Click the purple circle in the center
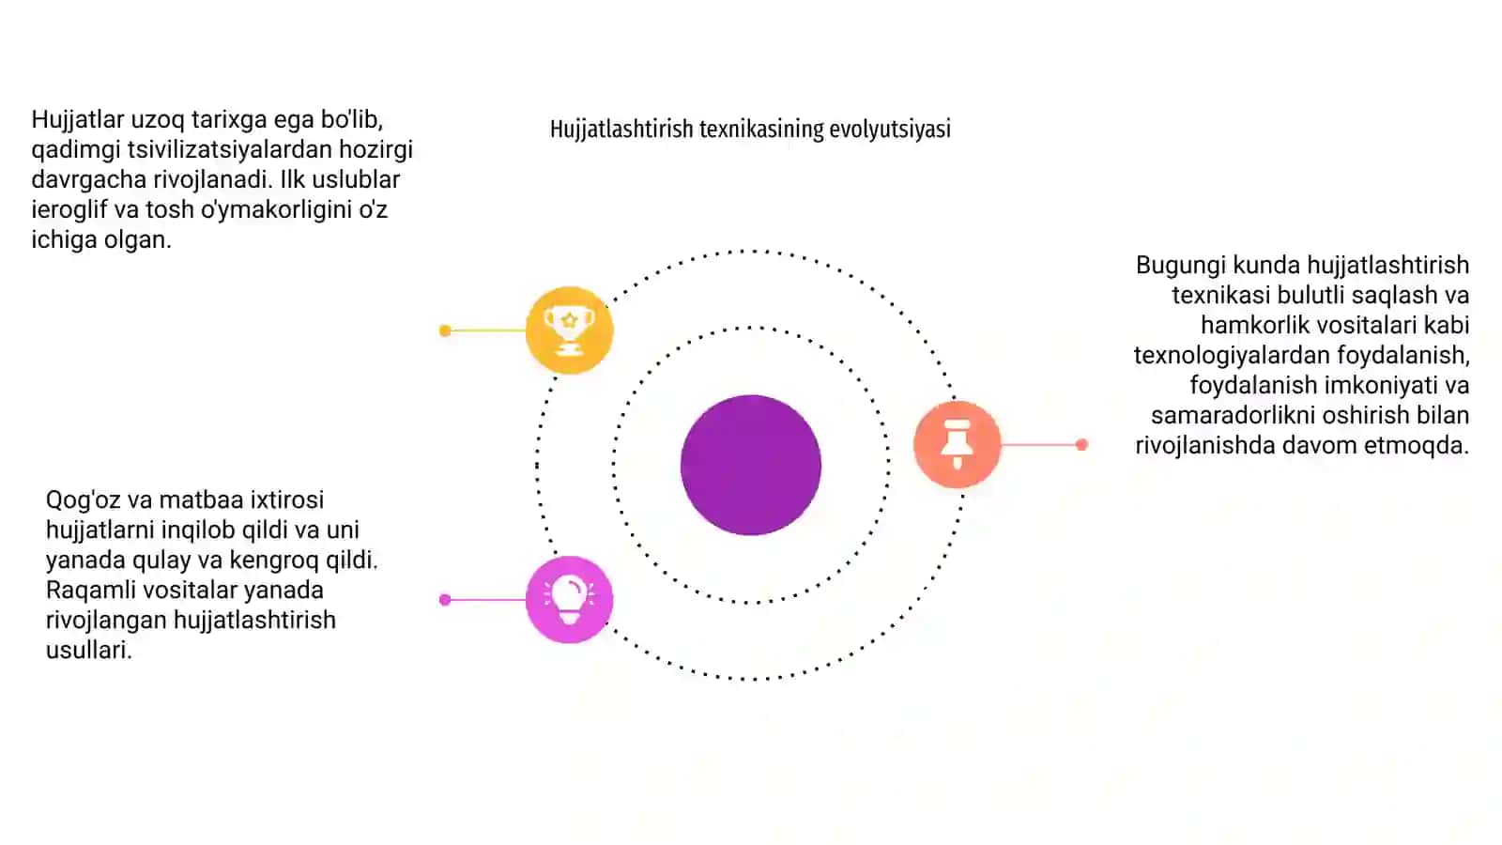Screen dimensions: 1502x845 point(750,465)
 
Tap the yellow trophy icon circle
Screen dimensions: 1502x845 point(569,330)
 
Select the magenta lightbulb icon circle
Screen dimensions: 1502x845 point(569,600)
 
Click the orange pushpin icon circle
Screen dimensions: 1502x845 point(957,444)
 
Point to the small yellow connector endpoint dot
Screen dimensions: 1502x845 point(445,330)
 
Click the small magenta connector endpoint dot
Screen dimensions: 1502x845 point(445,600)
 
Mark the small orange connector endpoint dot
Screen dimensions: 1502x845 point(1081,444)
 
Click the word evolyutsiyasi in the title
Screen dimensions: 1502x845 point(890,129)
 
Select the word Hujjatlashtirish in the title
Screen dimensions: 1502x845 point(621,129)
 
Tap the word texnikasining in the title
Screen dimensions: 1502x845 point(761,129)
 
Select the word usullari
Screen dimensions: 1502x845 point(88,650)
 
